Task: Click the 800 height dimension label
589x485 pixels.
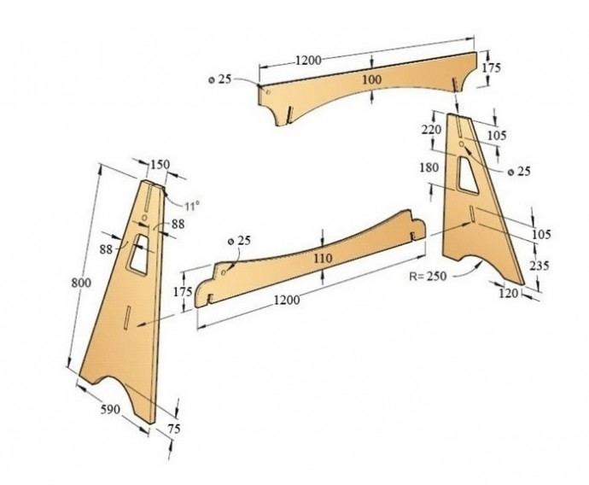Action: [x=81, y=283]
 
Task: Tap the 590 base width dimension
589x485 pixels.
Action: [x=110, y=409]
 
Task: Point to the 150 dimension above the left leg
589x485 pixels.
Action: [x=160, y=165]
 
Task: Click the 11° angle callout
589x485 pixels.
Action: [x=192, y=206]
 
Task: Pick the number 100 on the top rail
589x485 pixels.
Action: [x=372, y=79]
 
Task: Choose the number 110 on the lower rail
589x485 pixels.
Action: [x=323, y=259]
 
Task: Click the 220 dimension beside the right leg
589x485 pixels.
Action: [x=431, y=130]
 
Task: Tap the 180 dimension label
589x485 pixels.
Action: [x=429, y=167]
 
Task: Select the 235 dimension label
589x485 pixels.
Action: [x=539, y=266]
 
